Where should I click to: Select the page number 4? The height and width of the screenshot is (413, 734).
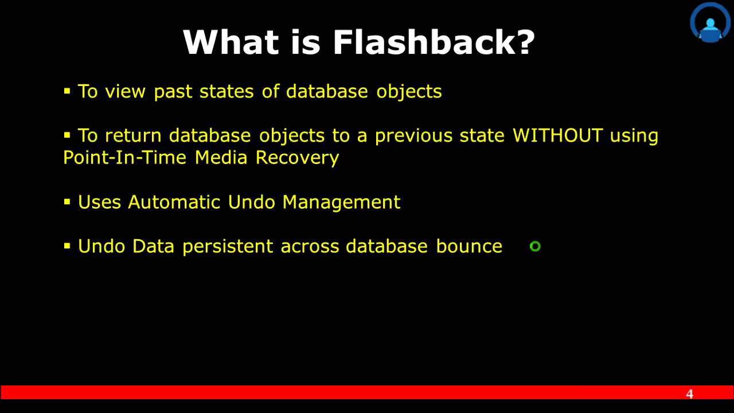pyautogui.click(x=689, y=394)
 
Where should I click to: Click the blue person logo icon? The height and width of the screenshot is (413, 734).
pyautogui.click(x=710, y=23)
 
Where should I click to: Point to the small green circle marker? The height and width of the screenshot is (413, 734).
pyautogui.click(x=535, y=247)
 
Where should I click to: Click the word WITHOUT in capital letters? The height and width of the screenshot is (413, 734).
pyautogui.click(x=557, y=136)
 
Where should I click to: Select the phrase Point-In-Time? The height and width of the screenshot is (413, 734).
pyautogui.click(x=124, y=158)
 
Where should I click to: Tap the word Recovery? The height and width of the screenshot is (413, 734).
pyautogui.click(x=297, y=158)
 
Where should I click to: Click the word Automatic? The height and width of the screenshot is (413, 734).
pyautogui.click(x=174, y=202)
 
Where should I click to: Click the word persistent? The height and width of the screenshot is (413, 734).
pyautogui.click(x=228, y=247)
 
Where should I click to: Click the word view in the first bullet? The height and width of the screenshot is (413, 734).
pyautogui.click(x=125, y=92)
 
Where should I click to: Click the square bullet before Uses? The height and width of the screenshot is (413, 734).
pyautogui.click(x=67, y=202)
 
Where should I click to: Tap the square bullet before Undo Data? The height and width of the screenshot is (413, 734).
pyautogui.click(x=67, y=246)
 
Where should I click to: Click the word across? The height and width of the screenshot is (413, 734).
pyautogui.click(x=309, y=247)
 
